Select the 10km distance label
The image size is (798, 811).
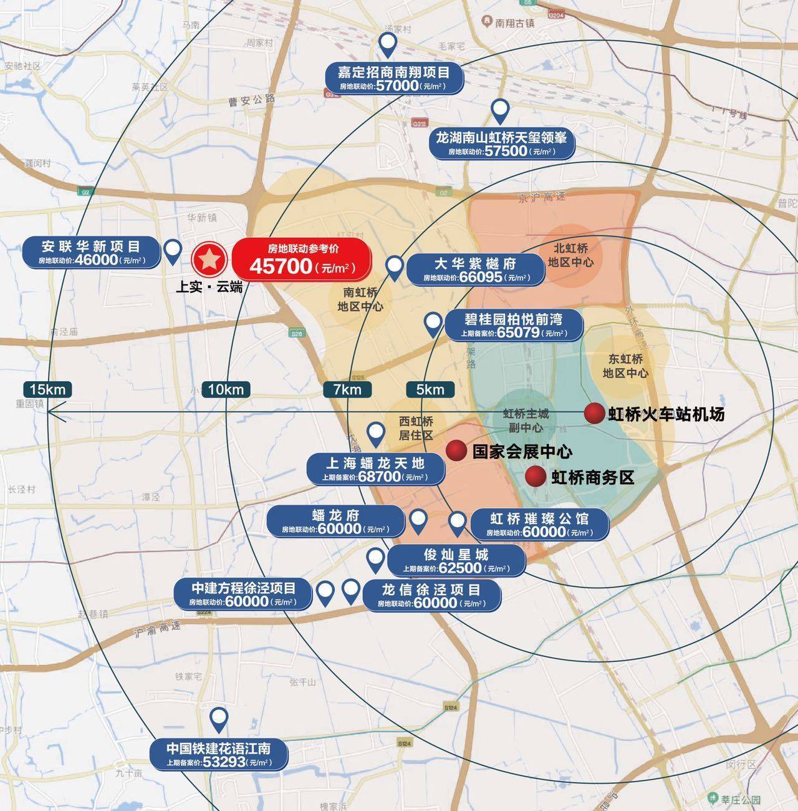[226, 389]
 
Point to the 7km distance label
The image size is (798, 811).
[347, 389]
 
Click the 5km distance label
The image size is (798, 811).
[430, 389]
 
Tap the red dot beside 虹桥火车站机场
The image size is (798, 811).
[594, 413]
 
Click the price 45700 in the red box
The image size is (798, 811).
[281, 266]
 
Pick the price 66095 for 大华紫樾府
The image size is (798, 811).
[481, 277]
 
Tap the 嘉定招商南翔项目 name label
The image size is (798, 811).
[393, 72]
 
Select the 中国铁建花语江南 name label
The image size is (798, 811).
[218, 748]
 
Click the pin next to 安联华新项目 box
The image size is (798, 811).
[173, 253]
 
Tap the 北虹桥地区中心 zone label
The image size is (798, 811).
[570, 255]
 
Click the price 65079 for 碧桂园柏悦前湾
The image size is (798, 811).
[518, 333]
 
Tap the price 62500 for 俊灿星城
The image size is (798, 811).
[460, 568]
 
